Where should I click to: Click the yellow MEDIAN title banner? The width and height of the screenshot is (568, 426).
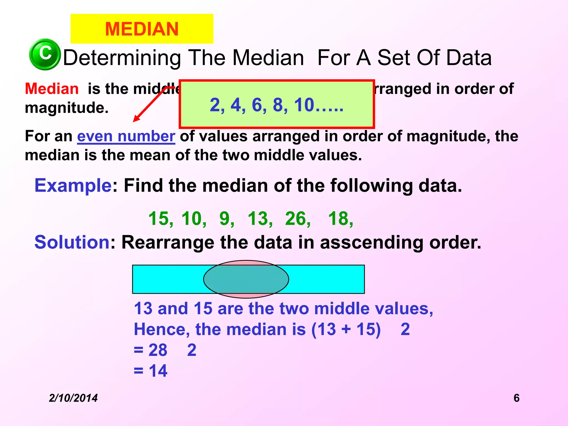[142, 29]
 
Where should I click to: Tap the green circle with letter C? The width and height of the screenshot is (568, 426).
[45, 54]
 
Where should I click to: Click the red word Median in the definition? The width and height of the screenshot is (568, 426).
[52, 89]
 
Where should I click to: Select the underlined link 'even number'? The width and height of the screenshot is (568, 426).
[126, 136]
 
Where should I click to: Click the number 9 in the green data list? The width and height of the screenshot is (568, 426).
[225, 219]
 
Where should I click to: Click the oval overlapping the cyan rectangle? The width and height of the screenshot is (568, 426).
[246, 279]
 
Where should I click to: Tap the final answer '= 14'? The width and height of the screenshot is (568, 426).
[151, 371]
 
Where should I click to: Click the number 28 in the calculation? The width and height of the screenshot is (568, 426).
[158, 350]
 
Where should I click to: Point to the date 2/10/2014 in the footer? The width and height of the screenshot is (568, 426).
[73, 398]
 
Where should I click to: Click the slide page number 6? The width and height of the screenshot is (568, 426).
[516, 398]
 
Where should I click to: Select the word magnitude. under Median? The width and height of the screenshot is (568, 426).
[67, 108]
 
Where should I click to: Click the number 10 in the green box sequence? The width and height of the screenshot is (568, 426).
[304, 105]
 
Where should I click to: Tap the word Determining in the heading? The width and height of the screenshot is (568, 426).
[122, 58]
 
